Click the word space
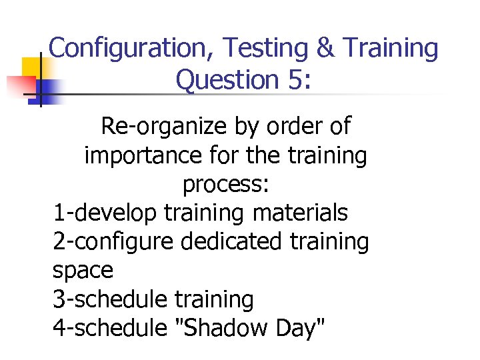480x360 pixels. [83, 271]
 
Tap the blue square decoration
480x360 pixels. [49, 90]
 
